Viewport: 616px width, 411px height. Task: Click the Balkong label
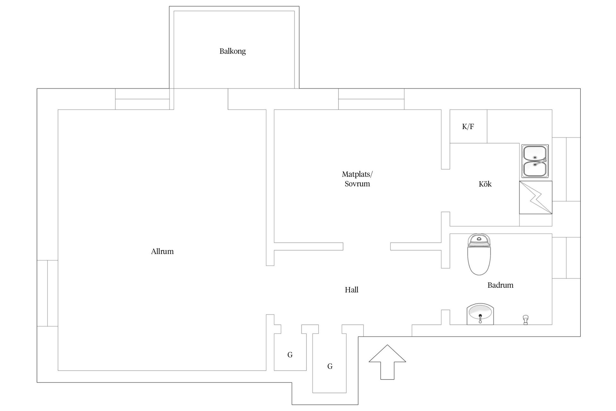(233, 51)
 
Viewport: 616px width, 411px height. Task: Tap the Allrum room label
(162, 251)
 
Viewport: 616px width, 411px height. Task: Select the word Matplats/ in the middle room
(357, 174)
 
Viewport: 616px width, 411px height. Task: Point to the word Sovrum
(357, 184)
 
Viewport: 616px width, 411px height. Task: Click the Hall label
(351, 290)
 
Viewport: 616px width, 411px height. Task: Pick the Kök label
(485, 184)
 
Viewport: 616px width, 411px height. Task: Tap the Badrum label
(500, 285)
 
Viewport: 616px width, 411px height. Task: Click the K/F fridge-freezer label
(468, 127)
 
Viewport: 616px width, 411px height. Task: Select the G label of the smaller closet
(290, 355)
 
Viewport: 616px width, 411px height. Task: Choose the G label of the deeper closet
(330, 366)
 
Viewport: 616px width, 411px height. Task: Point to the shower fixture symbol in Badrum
(525, 320)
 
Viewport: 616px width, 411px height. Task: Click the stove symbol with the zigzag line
(535, 197)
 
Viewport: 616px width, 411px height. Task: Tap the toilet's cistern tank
(479, 240)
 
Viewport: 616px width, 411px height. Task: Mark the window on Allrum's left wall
(47, 293)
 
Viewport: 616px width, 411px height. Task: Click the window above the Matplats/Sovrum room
(371, 99)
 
